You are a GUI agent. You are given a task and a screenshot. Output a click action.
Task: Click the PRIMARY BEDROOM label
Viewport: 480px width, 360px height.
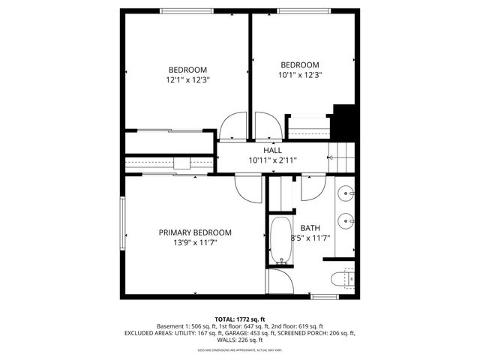tap(195, 232)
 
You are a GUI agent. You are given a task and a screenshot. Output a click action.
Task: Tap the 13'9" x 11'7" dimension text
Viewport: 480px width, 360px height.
tap(195, 243)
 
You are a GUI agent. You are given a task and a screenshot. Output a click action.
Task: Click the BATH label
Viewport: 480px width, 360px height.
tap(310, 228)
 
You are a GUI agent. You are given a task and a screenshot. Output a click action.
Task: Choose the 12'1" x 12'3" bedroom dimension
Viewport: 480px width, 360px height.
tap(187, 79)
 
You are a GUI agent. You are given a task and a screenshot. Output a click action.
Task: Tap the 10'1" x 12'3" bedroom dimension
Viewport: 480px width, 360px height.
tap(300, 75)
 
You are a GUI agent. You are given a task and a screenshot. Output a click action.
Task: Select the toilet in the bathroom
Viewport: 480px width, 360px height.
tap(341, 280)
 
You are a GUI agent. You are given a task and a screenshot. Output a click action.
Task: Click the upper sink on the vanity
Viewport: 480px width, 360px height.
tap(346, 193)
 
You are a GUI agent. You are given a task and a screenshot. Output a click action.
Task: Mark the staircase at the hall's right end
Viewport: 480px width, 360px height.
tap(342, 157)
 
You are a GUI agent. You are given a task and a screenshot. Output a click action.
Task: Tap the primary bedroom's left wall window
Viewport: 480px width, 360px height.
tap(123, 223)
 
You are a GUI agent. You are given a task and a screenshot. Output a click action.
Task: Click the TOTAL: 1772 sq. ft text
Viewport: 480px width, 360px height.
tap(239, 319)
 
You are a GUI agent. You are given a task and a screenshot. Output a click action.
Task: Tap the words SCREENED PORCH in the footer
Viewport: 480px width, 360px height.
tap(304, 333)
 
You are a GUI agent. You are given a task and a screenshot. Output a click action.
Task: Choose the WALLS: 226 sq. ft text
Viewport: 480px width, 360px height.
tap(239, 340)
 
